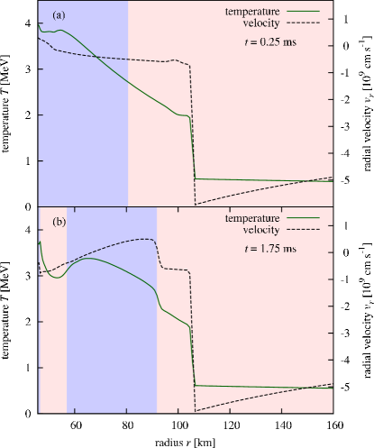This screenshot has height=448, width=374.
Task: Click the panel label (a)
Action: click(59, 15)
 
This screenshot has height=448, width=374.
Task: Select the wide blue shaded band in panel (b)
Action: click(112, 343)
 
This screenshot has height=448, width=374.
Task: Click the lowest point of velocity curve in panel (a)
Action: click(196, 204)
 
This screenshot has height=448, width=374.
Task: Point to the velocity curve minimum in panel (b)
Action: click(196, 410)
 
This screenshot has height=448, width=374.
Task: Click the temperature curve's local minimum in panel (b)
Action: click(55, 279)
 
